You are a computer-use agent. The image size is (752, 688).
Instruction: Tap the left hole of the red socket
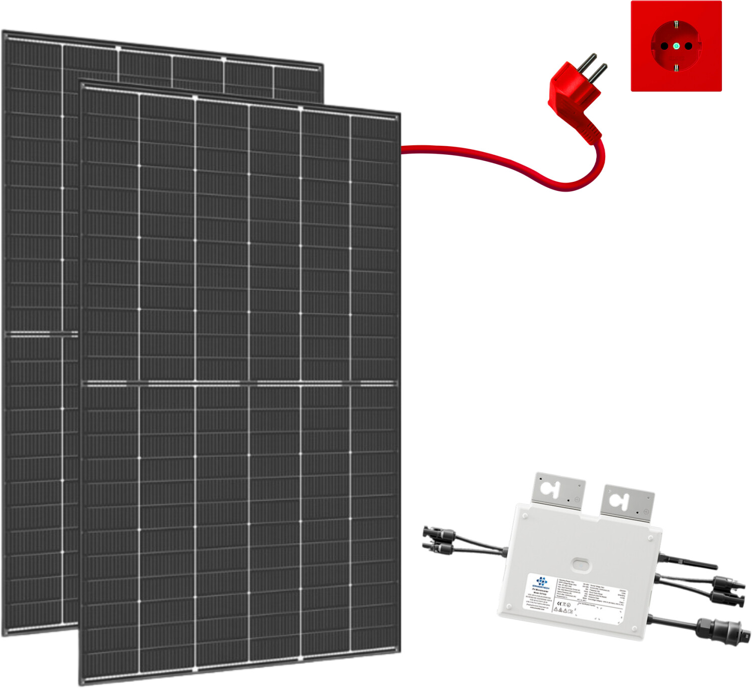click(x=664, y=46)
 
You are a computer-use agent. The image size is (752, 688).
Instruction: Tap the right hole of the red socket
click(x=688, y=46)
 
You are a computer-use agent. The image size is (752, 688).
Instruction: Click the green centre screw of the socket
click(x=676, y=46)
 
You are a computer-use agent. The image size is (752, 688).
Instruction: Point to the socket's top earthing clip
click(x=676, y=24)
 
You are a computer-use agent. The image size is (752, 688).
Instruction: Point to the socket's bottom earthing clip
click(x=676, y=68)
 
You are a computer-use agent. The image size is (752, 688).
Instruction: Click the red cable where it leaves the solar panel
click(x=406, y=149)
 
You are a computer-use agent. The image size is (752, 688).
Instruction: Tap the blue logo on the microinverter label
click(x=541, y=581)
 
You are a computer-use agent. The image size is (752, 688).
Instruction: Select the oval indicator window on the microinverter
click(x=581, y=564)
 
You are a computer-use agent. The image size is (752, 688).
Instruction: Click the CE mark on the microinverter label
click(x=559, y=603)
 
